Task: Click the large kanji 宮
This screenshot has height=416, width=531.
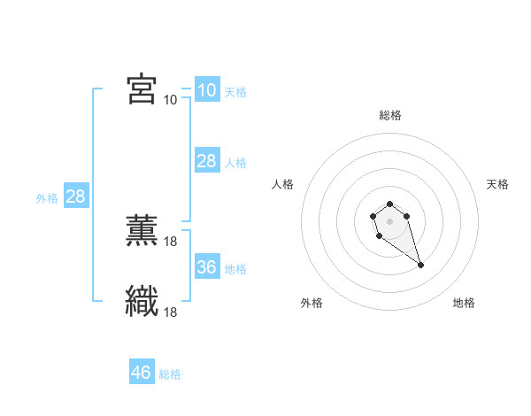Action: [x=142, y=89]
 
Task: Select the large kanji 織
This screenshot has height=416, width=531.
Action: [x=142, y=302]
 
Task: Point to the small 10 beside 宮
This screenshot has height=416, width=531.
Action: [x=170, y=99]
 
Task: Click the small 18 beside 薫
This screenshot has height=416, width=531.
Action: [x=171, y=241]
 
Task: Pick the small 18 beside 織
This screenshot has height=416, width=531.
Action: [x=171, y=312]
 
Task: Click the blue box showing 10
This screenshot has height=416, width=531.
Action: [x=206, y=89]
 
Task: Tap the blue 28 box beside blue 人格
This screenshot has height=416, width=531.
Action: [x=206, y=161]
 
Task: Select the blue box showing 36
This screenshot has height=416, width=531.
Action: [x=206, y=267]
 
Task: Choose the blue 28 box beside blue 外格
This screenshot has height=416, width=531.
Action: [x=75, y=196]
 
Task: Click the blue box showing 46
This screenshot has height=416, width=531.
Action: [x=141, y=373]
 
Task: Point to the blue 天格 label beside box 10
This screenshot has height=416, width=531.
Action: [x=235, y=91]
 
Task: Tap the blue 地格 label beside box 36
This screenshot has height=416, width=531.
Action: [x=235, y=268]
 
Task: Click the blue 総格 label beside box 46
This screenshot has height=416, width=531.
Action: [x=170, y=374]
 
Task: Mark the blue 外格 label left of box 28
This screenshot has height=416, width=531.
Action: [x=47, y=198]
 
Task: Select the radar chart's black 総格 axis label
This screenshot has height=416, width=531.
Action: [x=389, y=115]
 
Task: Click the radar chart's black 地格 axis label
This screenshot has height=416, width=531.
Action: [x=464, y=303]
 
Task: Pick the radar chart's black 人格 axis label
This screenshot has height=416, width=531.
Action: [x=283, y=184]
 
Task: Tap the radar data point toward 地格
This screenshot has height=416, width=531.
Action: [x=420, y=265]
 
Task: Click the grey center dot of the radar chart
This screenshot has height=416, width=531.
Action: [x=389, y=220]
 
